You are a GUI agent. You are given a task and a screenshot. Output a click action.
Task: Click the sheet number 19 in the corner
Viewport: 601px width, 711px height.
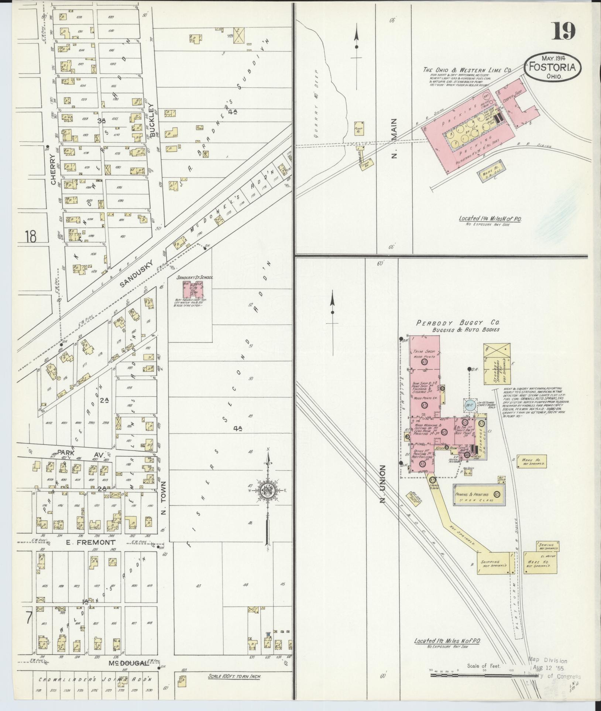(564, 31)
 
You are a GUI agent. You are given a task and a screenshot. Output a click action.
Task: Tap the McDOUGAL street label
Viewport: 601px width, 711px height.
(128, 663)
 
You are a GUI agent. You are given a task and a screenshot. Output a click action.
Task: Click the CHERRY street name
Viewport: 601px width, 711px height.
(54, 169)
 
